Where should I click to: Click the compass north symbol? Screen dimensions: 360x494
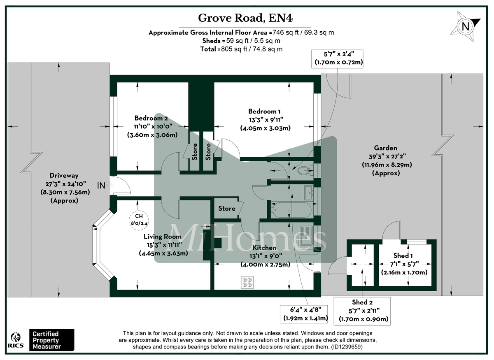(466, 26)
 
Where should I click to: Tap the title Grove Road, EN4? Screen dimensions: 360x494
(247, 18)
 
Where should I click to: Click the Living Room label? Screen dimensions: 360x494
(163, 237)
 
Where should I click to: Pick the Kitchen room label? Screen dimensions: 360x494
(264, 248)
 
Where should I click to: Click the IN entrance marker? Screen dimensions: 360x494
(101, 186)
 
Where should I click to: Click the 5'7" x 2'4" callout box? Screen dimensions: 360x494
(338, 58)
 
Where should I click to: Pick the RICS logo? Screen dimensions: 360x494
(16, 339)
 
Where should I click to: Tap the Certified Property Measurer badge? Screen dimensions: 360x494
(51, 340)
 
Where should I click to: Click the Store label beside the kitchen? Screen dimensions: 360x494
(227, 209)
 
